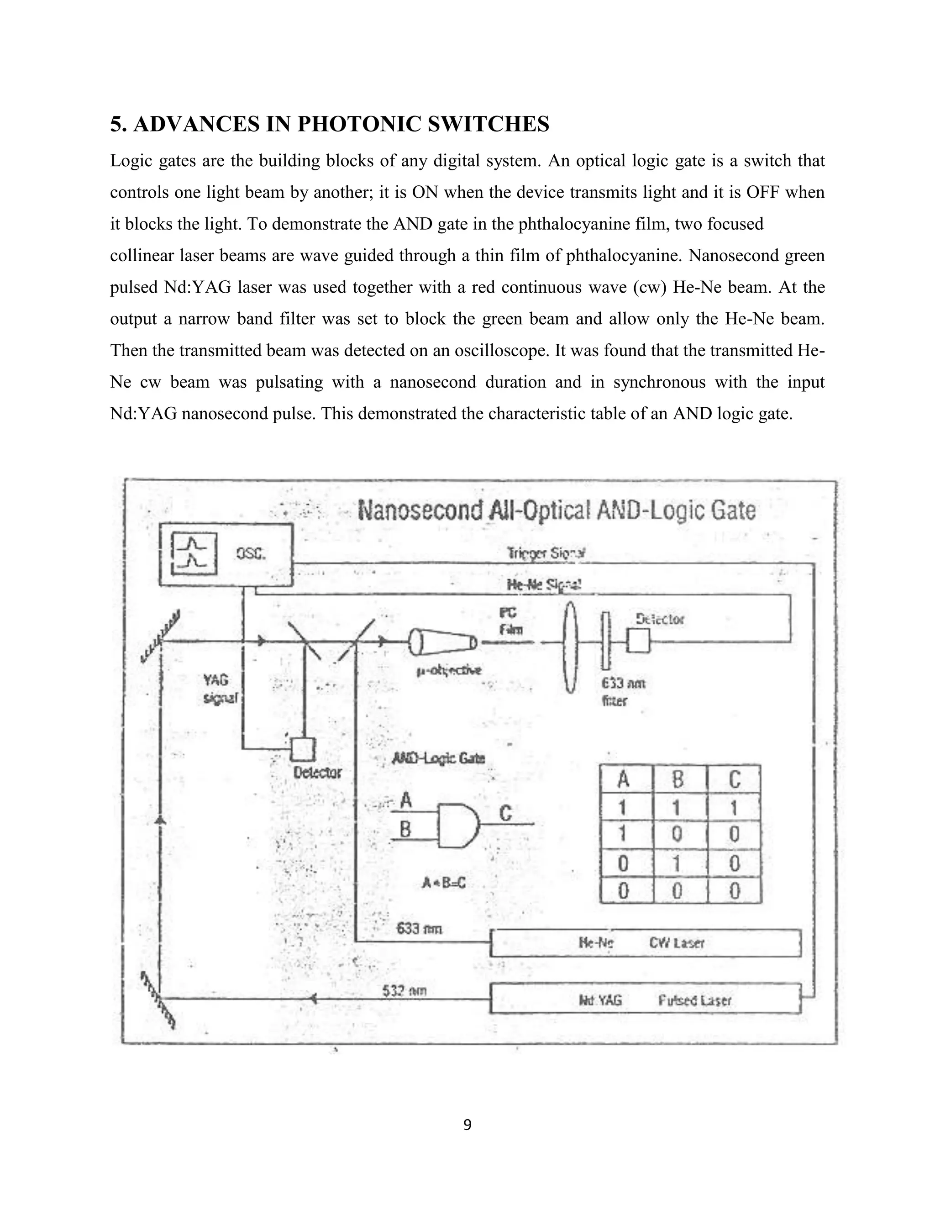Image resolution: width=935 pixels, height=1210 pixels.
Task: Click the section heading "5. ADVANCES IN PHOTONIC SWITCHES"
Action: (330, 124)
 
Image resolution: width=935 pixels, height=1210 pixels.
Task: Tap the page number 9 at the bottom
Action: (467, 1125)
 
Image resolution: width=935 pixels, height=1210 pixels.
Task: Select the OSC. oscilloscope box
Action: (226, 555)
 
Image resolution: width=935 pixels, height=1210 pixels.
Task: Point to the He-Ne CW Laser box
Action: (645, 943)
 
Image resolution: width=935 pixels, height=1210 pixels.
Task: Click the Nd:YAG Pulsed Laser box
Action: (645, 1000)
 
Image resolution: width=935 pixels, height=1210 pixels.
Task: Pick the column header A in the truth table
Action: (624, 779)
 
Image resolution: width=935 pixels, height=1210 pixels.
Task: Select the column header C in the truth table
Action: (735, 779)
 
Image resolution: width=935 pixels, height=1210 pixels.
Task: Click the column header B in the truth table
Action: (678, 779)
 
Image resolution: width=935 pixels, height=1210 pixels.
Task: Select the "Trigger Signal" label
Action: (546, 553)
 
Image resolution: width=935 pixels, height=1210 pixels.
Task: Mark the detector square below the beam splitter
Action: (303, 750)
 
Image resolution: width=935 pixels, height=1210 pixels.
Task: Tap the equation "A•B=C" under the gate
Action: (443, 883)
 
